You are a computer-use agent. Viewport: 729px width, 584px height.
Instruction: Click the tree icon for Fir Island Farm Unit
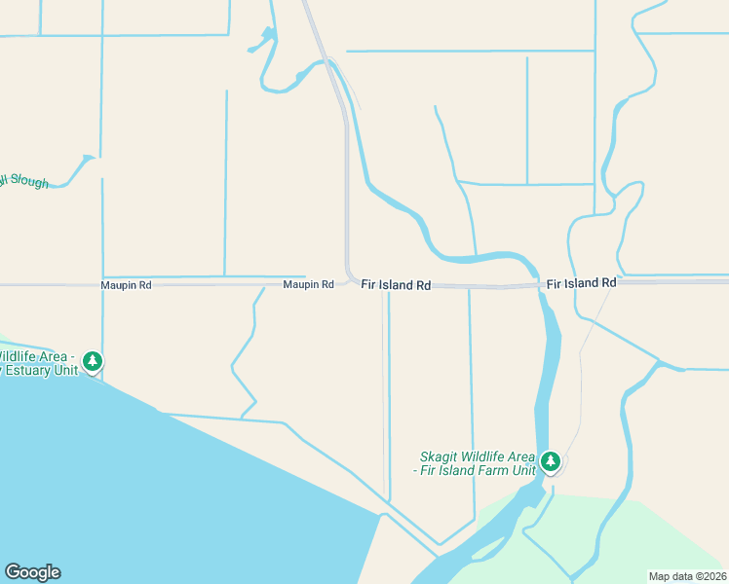[551, 460]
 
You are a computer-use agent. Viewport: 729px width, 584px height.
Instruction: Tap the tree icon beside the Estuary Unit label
[93, 362]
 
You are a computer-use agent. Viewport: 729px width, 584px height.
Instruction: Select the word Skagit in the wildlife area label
[440, 456]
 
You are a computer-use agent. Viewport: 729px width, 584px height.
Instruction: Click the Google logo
[32, 572]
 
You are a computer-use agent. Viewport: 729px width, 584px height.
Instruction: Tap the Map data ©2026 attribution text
[687, 576]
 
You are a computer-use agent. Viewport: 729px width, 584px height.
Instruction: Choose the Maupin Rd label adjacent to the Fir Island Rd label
[308, 285]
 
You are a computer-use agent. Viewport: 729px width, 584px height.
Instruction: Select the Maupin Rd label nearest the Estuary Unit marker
[126, 285]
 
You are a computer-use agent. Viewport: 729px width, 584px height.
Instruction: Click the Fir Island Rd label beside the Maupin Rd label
[396, 285]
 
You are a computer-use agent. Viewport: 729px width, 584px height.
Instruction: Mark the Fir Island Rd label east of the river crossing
[581, 283]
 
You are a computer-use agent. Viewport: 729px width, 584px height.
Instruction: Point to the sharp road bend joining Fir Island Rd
[349, 275]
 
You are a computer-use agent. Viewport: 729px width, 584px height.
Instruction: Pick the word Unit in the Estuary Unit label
[65, 370]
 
